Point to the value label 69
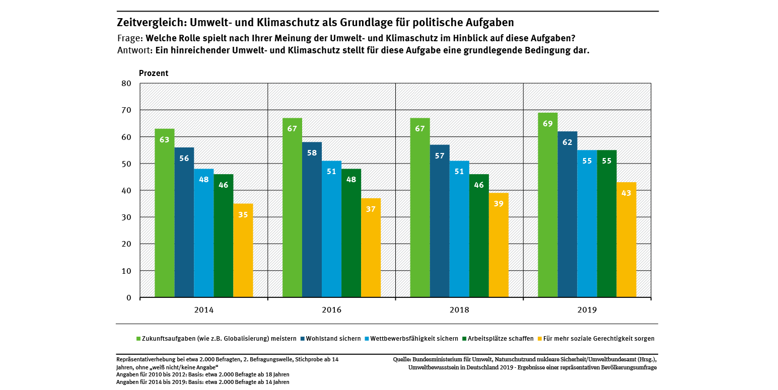click(x=547, y=124)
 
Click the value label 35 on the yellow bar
click(x=243, y=214)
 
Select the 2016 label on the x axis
click(x=331, y=310)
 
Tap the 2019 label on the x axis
click(x=587, y=310)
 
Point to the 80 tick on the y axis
click(x=126, y=84)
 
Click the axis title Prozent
click(x=154, y=73)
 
